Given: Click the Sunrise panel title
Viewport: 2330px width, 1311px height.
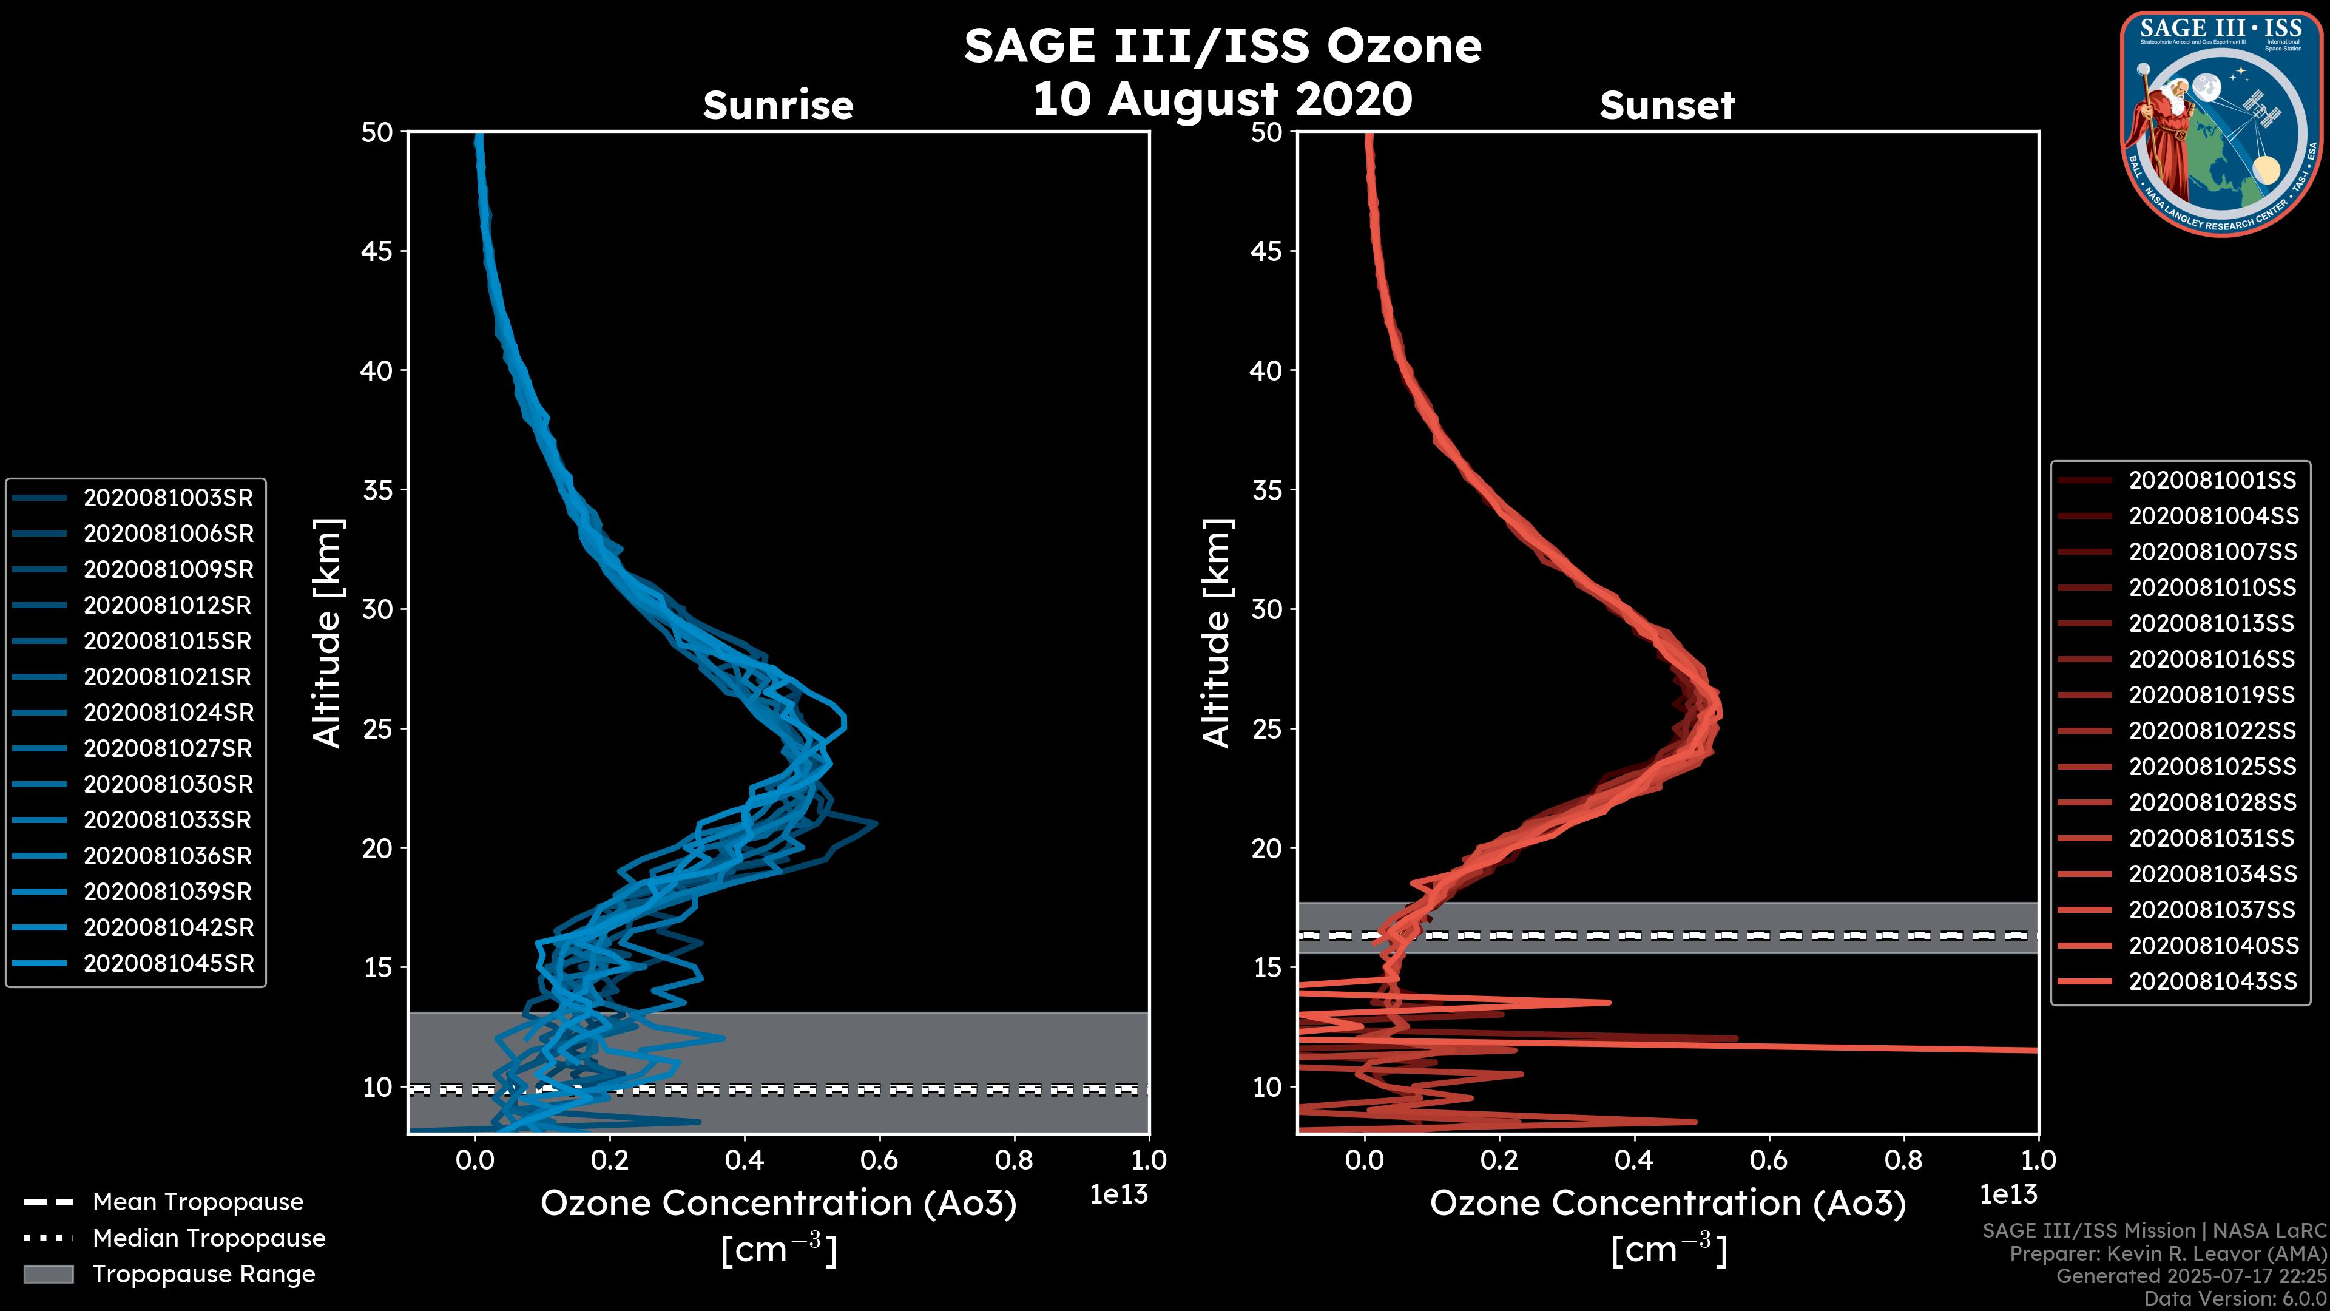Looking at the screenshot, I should pyautogui.click(x=778, y=105).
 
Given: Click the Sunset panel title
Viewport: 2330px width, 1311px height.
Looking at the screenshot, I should pyautogui.click(x=1667, y=105).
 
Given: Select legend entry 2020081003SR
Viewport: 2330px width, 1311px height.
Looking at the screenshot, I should pyautogui.click(x=168, y=498).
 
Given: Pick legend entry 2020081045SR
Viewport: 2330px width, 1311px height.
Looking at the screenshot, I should pyautogui.click(x=168, y=964).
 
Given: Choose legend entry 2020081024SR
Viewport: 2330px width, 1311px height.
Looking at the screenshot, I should pyautogui.click(x=168, y=713).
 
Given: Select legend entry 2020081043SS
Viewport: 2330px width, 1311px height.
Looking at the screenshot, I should pyautogui.click(x=2212, y=981).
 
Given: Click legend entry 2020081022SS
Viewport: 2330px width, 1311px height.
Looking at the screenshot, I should pyautogui.click(x=2212, y=730).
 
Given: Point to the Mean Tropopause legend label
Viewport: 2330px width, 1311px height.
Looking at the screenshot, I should pyautogui.click(x=198, y=1202).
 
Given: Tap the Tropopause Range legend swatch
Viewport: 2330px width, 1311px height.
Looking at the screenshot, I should pyautogui.click(x=48, y=1274).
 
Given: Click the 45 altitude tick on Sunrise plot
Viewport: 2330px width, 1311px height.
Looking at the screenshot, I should pyautogui.click(x=377, y=251).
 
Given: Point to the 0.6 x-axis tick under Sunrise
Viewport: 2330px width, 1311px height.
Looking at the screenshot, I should pyautogui.click(x=879, y=1160).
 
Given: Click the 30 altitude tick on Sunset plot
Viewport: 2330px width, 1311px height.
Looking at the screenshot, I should pyautogui.click(x=1266, y=609).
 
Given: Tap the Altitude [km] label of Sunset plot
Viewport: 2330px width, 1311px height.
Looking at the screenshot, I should pyautogui.click(x=1217, y=633).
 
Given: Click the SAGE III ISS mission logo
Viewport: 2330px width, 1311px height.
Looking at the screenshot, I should pyautogui.click(x=2221, y=123).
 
